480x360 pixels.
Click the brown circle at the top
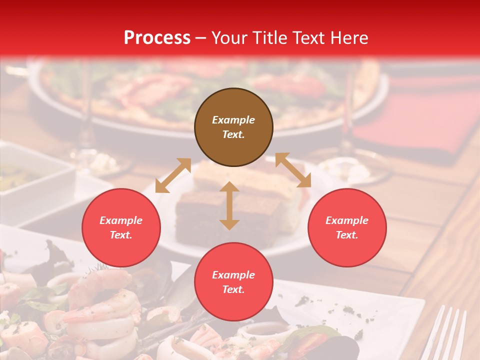point(233,127)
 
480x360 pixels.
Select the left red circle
point(121,228)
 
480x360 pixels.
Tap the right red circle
point(347,228)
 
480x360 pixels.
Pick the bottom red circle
point(233,282)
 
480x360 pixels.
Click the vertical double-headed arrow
point(229,205)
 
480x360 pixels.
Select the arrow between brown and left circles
point(173,175)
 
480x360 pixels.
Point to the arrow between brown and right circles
point(293,170)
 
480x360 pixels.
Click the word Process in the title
point(157,37)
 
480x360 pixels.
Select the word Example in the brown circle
point(233,120)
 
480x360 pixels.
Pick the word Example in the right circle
point(347,220)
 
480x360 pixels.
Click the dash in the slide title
point(200,38)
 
